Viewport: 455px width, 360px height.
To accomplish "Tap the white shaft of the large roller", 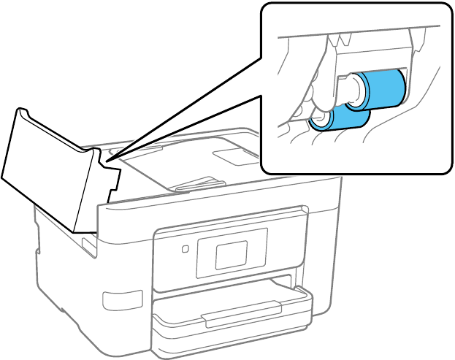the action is pyautogui.click(x=350, y=90).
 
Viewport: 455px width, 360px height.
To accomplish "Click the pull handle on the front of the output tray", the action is pyautogui.click(x=230, y=317).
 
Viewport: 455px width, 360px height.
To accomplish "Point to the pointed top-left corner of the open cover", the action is pyautogui.click(x=21, y=110).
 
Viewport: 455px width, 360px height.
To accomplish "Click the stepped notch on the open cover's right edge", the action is pyautogui.click(x=112, y=179).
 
